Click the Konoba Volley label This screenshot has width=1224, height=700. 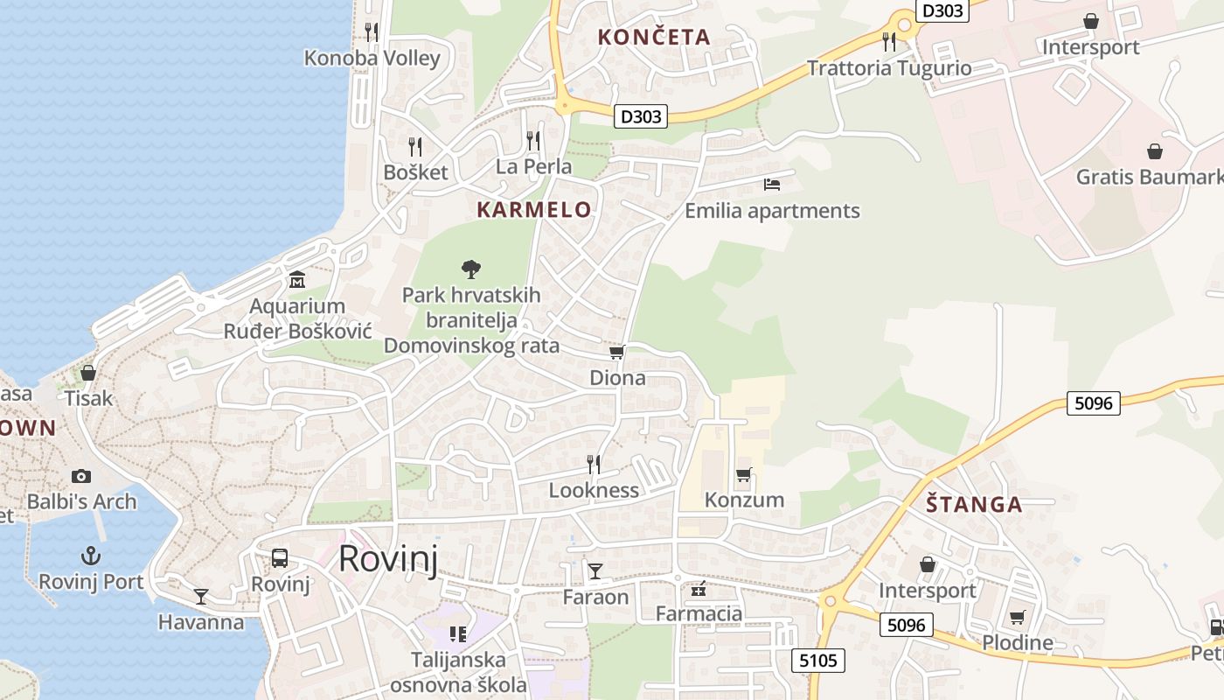tap(372, 59)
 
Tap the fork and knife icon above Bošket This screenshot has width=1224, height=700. tap(415, 146)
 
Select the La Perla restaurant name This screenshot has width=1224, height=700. tap(533, 166)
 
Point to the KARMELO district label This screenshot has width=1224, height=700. tap(534, 210)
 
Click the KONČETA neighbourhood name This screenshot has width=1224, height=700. tap(654, 38)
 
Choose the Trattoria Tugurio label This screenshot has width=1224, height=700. tap(889, 68)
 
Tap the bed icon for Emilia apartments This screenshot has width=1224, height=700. tap(772, 185)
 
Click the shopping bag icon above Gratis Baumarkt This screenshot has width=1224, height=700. tap(1155, 151)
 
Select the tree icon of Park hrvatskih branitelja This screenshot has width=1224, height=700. tap(471, 269)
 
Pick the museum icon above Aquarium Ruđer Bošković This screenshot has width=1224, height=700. tap(297, 281)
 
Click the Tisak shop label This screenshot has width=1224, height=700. tap(88, 399)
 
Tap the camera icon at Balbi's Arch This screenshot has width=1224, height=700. tap(81, 476)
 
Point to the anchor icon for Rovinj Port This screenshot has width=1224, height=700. tap(91, 556)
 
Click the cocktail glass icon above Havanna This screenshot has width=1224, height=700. tap(201, 597)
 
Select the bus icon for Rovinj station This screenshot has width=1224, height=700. tap(280, 558)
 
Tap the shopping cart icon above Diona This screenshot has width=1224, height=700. tap(617, 353)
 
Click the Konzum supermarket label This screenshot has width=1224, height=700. tap(744, 500)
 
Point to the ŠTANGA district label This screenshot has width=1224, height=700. tap(974, 505)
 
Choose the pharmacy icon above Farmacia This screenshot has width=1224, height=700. tap(699, 589)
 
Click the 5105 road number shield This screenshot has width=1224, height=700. tap(818, 661)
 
